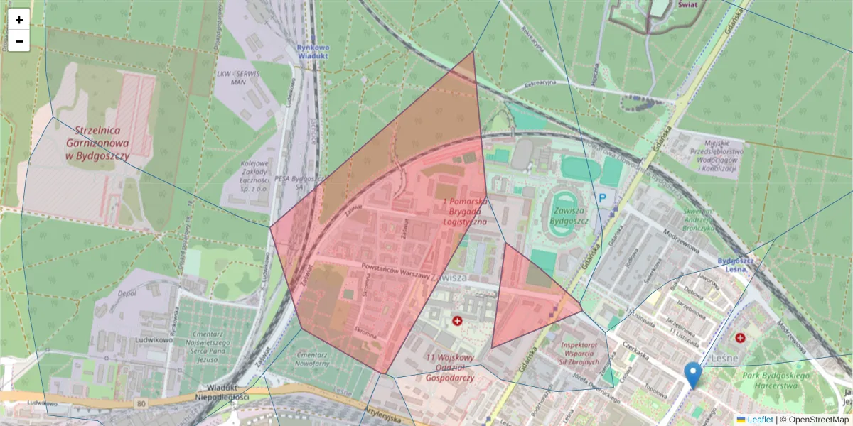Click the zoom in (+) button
(19, 20)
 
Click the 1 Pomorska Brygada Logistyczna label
(465, 212)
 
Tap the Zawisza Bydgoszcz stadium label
(571, 211)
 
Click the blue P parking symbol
(603, 199)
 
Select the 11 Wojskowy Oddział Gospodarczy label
(450, 368)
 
